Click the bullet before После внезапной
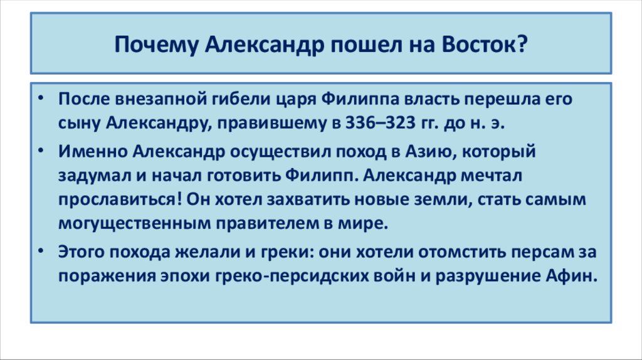click(x=41, y=100)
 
